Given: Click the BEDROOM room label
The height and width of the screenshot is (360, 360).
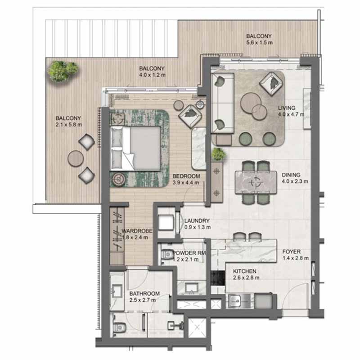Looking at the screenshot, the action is coord(186,176).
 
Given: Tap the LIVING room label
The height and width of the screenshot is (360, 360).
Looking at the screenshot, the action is coord(287,108).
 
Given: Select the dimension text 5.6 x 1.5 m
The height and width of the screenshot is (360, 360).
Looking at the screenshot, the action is coord(260,42).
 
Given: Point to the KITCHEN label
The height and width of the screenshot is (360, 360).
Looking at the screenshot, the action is coord(244,271).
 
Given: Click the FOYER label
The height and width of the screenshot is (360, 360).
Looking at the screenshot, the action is coord(291,252).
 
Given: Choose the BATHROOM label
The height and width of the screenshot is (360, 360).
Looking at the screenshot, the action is coord(144,293).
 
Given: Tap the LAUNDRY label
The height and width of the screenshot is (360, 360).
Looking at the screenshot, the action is coord(197,220).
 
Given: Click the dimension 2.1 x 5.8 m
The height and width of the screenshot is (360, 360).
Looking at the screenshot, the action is coord(69,125).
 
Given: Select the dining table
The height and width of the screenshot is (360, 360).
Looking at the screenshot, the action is coord(256,183).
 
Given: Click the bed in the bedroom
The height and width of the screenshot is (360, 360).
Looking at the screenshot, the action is coord(135,149).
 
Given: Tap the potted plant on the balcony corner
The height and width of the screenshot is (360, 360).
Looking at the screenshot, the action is coord(63,71).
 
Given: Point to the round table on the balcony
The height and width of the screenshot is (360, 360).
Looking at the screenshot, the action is coord(76,159).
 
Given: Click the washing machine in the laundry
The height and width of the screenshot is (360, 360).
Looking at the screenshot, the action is coord(166,222).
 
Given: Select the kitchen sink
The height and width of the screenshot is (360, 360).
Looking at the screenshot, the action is coord(235,300).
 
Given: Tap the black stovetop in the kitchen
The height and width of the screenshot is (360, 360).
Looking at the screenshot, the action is coord(217,278).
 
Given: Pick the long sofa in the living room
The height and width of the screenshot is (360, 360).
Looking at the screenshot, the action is coord(222,103).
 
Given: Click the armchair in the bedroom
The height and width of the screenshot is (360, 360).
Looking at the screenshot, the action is coord(190,116).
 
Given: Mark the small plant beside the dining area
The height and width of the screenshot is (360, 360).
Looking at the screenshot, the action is coord(218,154).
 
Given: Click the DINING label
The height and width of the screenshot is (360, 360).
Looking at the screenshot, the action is coord(291,175).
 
